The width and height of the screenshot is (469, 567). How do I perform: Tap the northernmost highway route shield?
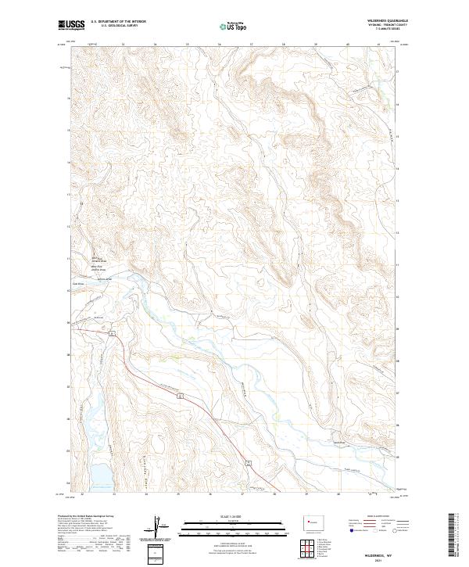[113, 335]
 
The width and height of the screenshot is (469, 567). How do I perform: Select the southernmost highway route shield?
[248, 465]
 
